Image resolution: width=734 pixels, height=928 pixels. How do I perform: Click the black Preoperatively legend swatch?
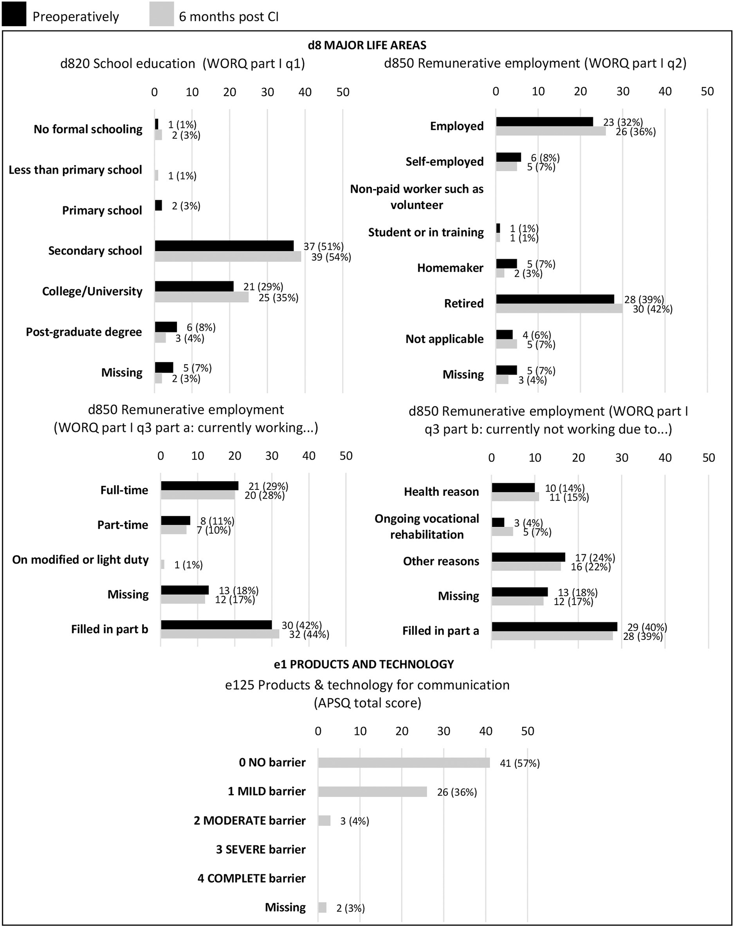click(14, 14)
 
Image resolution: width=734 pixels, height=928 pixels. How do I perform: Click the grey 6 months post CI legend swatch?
click(162, 14)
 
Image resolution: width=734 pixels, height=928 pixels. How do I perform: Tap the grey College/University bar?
click(202, 297)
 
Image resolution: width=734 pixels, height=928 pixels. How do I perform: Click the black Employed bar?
click(544, 122)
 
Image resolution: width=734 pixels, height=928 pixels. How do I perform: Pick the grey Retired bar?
click(559, 308)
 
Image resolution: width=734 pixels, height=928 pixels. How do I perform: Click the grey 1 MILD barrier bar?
click(372, 792)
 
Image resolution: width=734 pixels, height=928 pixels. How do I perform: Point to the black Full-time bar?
click(199, 485)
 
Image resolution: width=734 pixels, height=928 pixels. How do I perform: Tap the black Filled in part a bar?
click(554, 627)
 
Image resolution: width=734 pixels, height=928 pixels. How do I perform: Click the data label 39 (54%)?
click(331, 257)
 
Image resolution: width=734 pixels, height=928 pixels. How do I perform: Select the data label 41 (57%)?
click(519, 763)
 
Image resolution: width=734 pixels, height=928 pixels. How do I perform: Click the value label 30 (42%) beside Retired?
click(652, 309)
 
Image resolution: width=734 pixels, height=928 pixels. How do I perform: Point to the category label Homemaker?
click(450, 268)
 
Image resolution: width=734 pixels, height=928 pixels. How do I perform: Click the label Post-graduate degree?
click(84, 332)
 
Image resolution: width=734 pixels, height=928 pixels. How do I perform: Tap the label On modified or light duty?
click(80, 560)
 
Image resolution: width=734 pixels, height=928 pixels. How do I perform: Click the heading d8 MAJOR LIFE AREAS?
click(367, 45)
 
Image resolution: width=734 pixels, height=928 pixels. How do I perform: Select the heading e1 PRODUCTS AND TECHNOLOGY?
click(364, 664)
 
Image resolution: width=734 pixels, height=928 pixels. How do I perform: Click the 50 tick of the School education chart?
click(343, 92)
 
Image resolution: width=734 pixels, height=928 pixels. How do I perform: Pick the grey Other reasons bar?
click(526, 566)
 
